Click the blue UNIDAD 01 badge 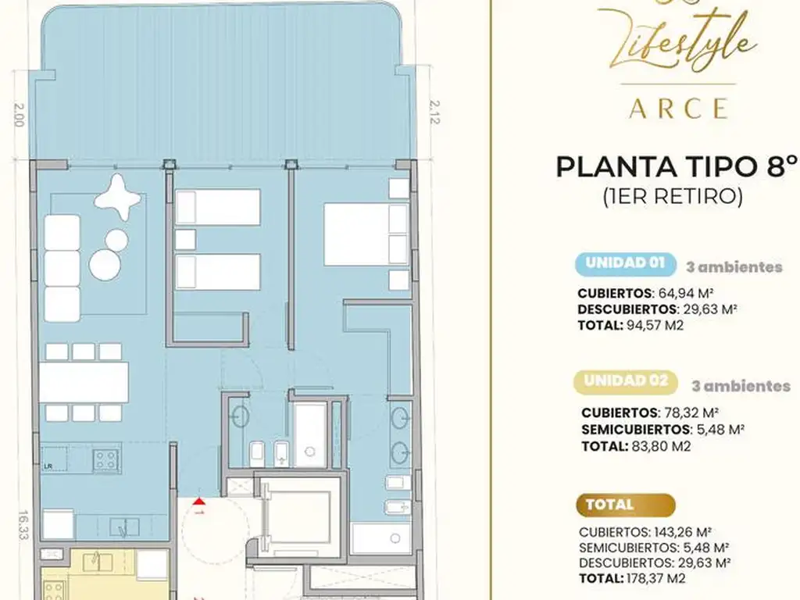pos(626,264)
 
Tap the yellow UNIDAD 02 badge pos(626,382)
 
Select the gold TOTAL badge pos(626,505)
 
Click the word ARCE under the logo pos(679,108)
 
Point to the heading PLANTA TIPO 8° pos(677,167)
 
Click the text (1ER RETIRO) pos(673,196)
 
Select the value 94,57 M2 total pos(655,325)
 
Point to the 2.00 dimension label pos(19,116)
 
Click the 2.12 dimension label pos(434,112)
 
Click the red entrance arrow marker pos(198,502)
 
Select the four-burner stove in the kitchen pos(106,459)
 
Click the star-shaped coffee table pos(118,197)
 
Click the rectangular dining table pos(84,382)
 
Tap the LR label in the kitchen pos(48,466)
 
